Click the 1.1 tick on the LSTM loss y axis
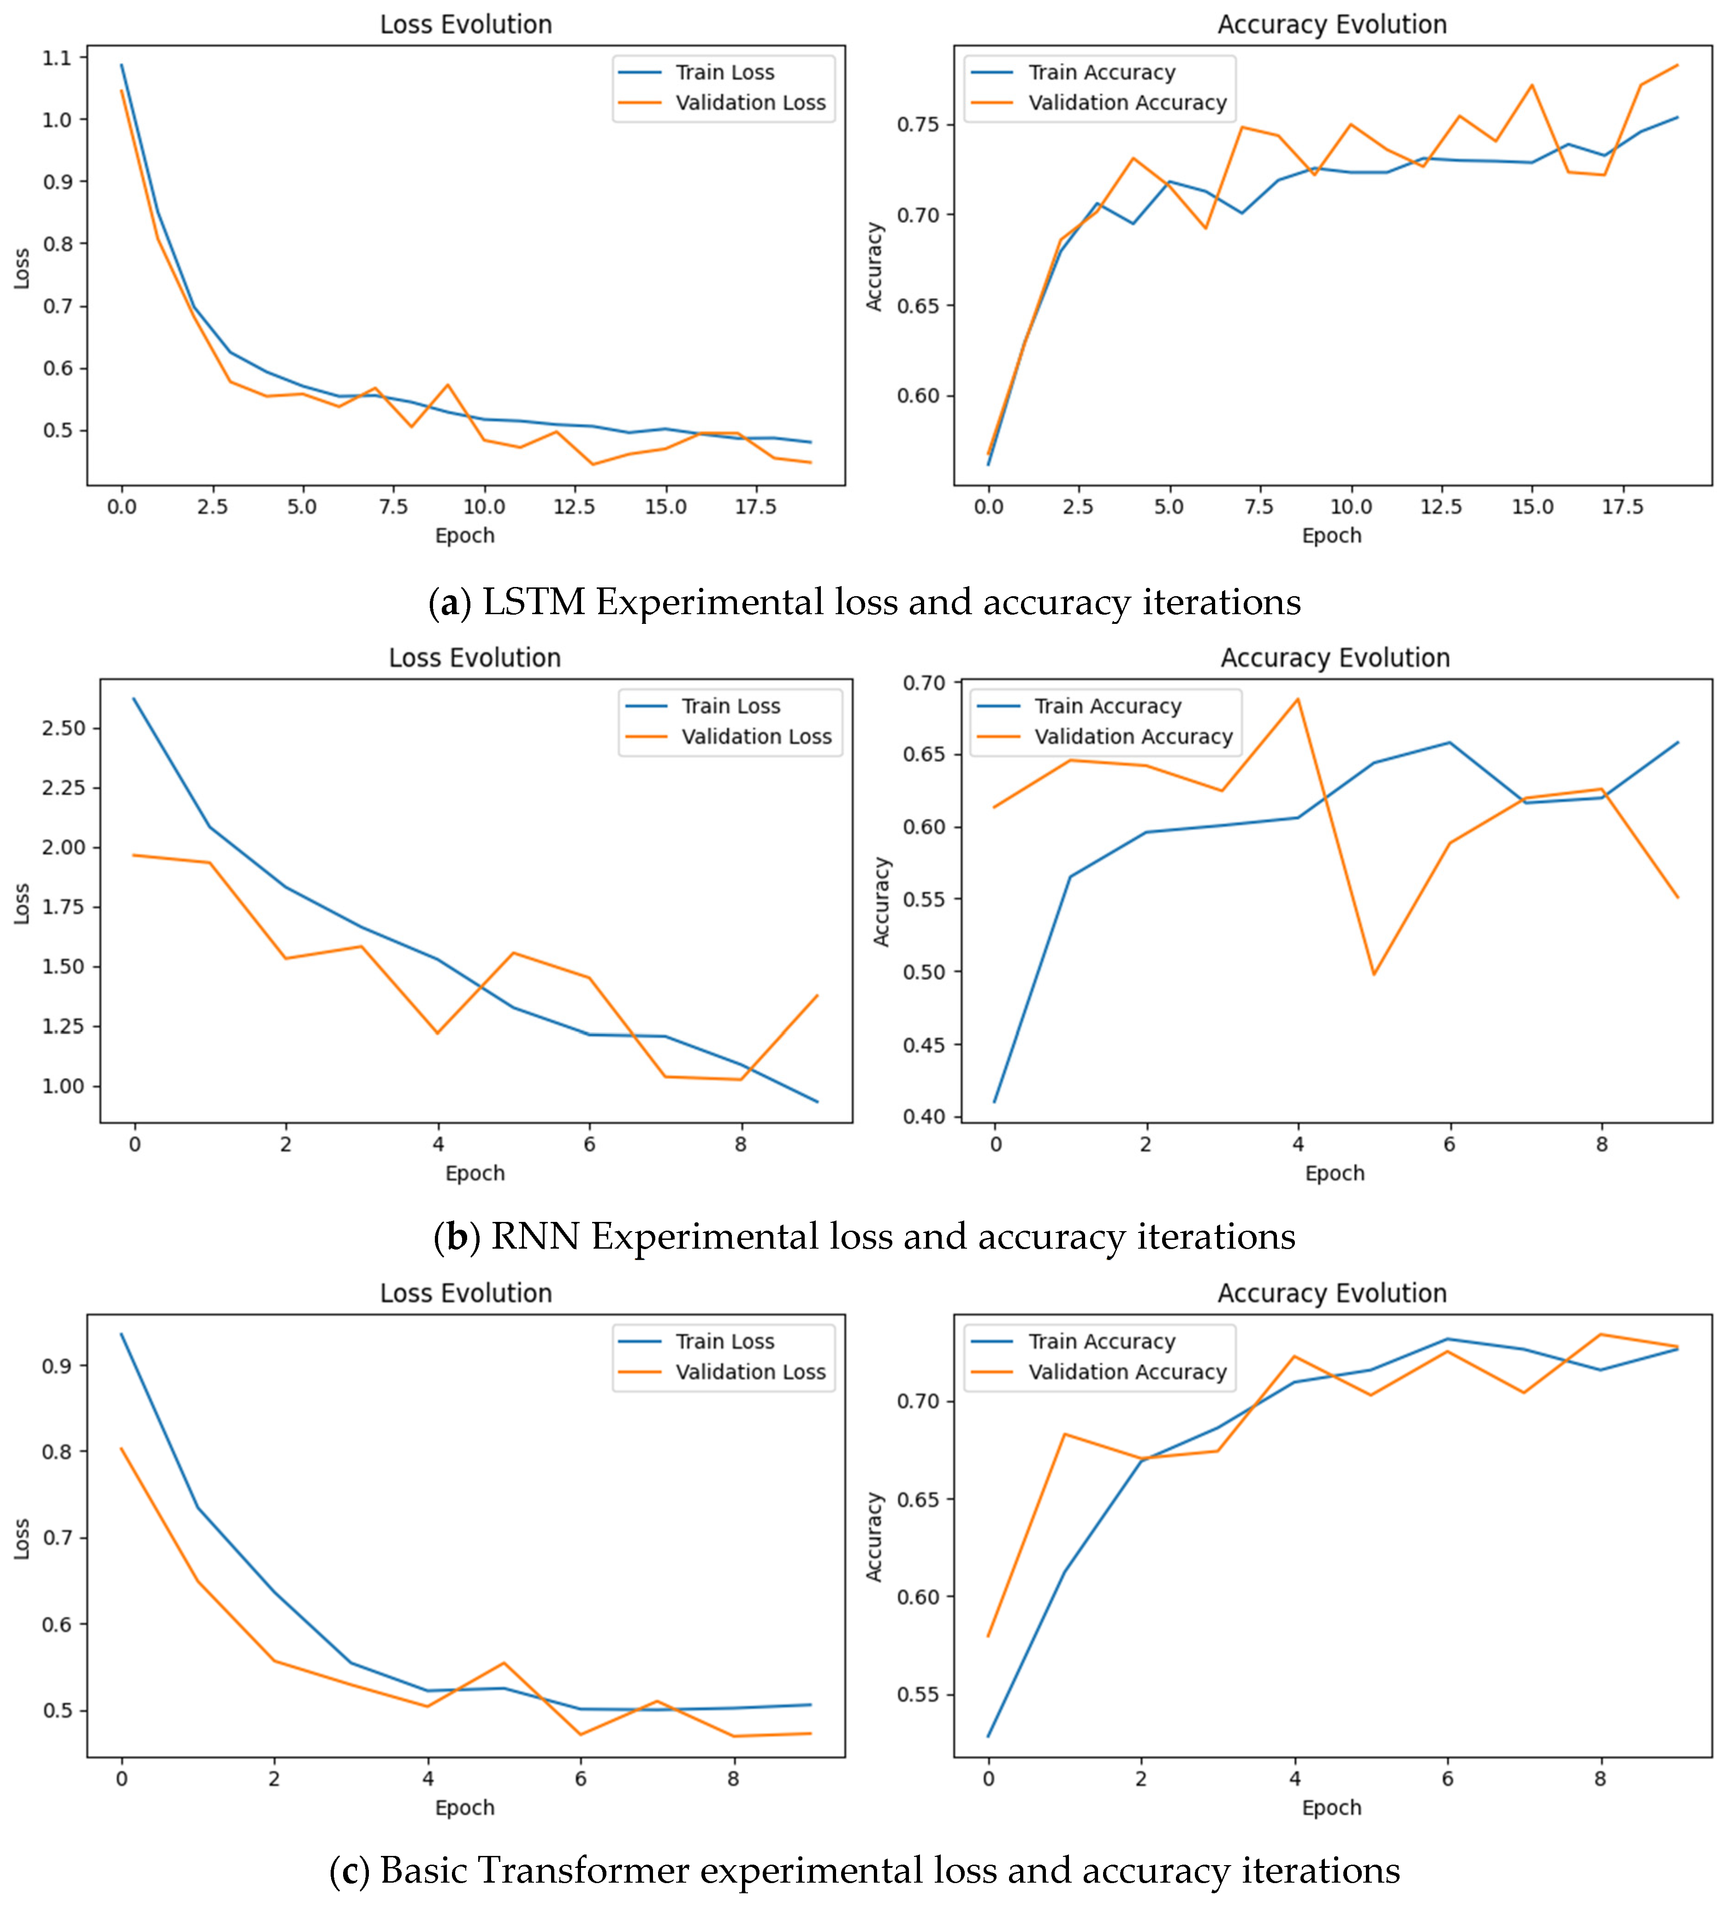pos(57,58)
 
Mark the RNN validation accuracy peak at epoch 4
pos(1297,699)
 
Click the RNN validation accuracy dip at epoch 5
pos(1374,974)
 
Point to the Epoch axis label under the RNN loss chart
pos(475,1173)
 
